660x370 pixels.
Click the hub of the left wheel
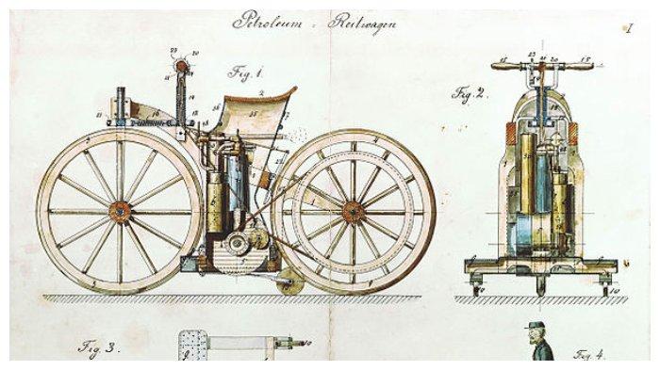pyautogui.click(x=120, y=210)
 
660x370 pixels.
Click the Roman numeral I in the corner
pyautogui.click(x=626, y=28)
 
